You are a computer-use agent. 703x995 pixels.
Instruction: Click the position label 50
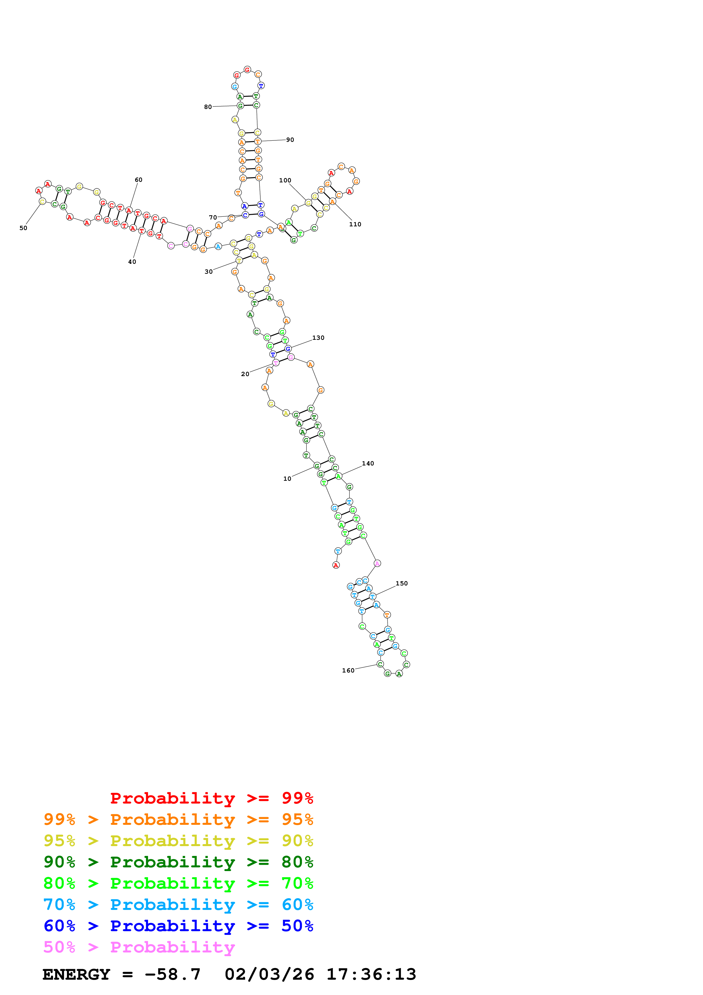23,228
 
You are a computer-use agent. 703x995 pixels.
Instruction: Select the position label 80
208,107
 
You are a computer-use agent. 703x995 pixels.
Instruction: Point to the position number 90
290,140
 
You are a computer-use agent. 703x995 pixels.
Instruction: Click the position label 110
355,224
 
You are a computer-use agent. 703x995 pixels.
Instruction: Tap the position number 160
348,671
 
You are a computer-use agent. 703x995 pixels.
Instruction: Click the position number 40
132,262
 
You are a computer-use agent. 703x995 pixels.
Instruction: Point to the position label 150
402,583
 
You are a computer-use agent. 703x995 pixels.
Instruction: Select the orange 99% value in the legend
59,819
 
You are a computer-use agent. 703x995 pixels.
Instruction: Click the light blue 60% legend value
297,905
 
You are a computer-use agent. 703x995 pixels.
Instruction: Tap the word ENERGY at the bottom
76,974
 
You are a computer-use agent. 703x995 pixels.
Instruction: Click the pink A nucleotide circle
377,563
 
